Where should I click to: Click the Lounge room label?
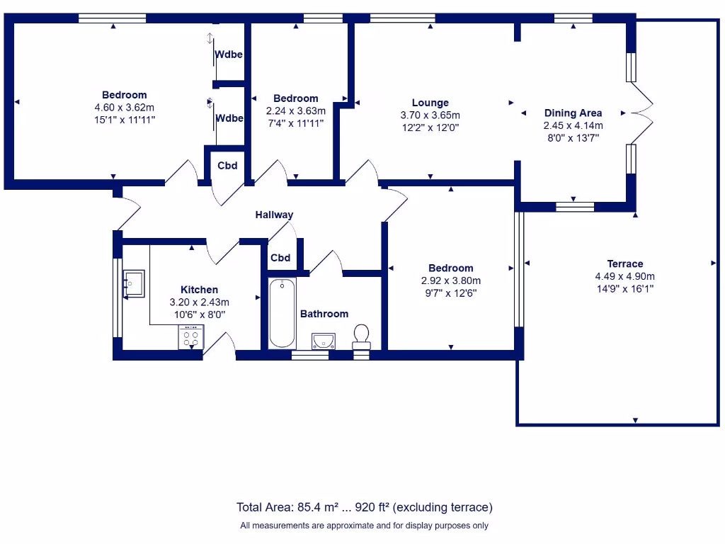pos(430,103)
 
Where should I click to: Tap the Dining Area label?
pos(573,113)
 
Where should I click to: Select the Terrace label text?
pos(624,263)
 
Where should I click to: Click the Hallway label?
pos(274,215)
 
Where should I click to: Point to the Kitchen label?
pos(199,289)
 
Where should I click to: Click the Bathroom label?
pos(324,314)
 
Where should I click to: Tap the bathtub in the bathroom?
pos(282,313)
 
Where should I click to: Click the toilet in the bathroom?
pos(361,335)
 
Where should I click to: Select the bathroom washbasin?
pos(323,341)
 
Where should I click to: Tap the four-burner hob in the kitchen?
pos(190,336)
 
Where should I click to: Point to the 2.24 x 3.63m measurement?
pos(296,110)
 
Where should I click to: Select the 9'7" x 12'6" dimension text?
pos(450,293)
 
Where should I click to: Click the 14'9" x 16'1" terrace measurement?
pos(624,289)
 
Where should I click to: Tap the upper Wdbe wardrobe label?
pos(229,55)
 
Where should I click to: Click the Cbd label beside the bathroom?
pos(280,258)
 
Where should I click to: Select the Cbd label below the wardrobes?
pos(227,166)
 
